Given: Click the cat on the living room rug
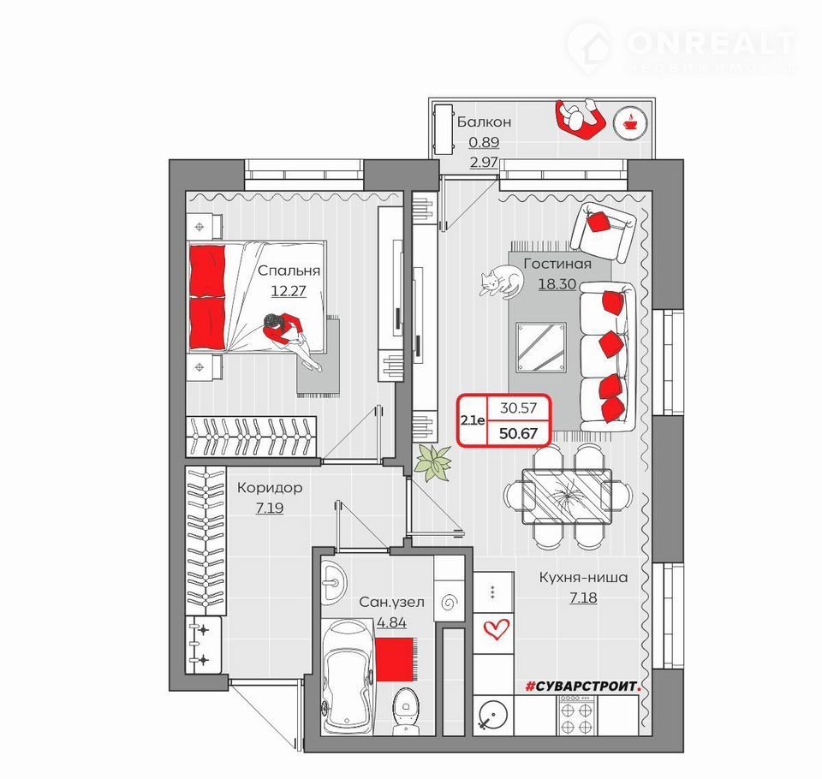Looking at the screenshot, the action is (501, 282).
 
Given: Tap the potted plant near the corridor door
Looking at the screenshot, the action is (432, 462).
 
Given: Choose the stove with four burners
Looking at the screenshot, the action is (576, 714).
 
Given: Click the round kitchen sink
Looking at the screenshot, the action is (492, 715).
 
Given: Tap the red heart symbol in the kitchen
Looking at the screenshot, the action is (496, 628).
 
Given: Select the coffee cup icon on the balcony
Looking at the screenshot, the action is (630, 124).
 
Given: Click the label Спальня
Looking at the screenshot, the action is (289, 271).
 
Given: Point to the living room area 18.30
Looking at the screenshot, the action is (557, 284).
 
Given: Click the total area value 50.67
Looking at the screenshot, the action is (519, 433).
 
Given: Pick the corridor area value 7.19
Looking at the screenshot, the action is (270, 508).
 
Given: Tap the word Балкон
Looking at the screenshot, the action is (484, 122).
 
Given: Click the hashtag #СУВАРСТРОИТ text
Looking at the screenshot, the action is (583, 687).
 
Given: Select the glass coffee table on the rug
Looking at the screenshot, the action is (541, 348).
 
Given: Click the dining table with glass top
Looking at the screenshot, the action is (567, 497).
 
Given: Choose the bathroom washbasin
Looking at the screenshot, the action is (333, 582).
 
